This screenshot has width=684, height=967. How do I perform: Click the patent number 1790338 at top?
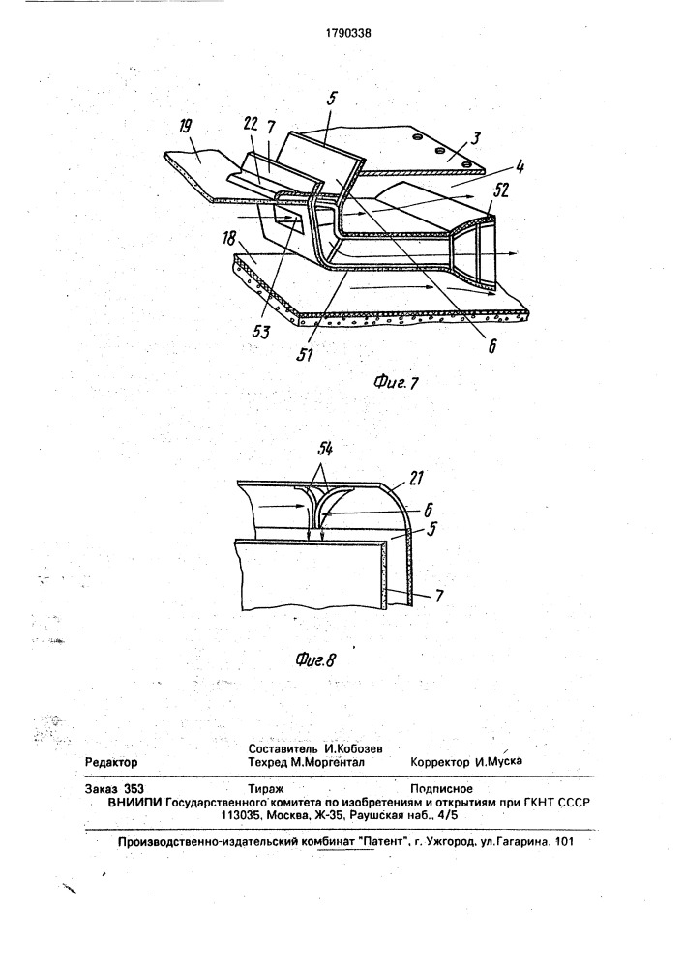point(348,34)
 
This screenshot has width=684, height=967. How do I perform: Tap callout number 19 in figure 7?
point(185,126)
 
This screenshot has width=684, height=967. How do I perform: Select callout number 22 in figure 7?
point(251,125)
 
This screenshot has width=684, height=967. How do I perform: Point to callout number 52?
point(500,191)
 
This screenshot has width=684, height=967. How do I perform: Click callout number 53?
point(261,333)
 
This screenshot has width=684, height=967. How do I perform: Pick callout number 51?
point(305,355)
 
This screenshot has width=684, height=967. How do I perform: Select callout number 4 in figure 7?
point(520,166)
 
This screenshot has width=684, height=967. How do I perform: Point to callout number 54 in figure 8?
point(326,450)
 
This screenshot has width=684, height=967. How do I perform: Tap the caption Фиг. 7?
point(397,383)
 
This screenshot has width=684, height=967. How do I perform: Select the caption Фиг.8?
point(315,660)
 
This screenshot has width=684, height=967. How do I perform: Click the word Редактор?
point(111,762)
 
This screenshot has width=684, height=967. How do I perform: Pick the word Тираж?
point(265,789)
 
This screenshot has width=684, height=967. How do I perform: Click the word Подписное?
point(441,789)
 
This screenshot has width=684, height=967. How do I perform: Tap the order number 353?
point(134,789)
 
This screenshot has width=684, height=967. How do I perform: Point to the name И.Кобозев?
point(354,748)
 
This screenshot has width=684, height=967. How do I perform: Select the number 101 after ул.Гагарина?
point(564,841)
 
